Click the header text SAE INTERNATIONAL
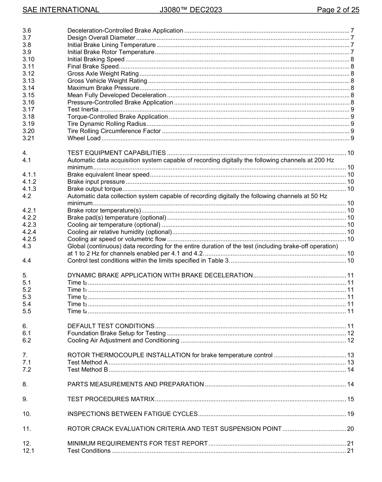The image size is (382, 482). (x=61, y=10)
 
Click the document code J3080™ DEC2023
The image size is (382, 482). (x=191, y=10)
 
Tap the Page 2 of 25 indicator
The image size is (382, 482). (x=338, y=10)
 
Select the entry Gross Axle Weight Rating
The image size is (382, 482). (x=103, y=74)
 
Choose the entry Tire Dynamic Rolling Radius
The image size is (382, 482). (x=107, y=124)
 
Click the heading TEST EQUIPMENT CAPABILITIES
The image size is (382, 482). (x=117, y=153)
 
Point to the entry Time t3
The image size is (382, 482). (x=77, y=304)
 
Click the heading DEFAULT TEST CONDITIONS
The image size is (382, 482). (x=111, y=326)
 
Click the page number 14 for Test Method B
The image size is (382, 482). (x=350, y=369)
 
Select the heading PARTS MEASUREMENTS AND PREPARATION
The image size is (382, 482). (x=136, y=384)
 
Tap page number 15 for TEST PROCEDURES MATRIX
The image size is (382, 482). (x=350, y=399)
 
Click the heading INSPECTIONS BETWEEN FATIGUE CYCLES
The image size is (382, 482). (x=133, y=414)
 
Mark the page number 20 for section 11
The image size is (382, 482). (x=350, y=429)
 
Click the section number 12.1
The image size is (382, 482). (x=29, y=451)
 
